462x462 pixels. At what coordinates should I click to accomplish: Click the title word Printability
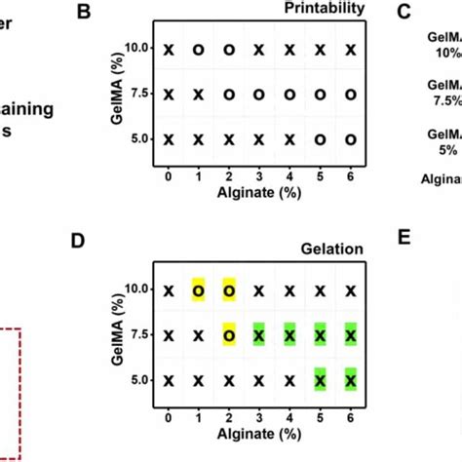coord(325,10)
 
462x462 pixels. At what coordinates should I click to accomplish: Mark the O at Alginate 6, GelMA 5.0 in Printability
coord(350,139)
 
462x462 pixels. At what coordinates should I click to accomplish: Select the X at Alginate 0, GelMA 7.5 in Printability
coord(169,95)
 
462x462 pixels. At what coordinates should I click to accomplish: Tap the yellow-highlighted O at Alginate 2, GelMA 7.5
coord(229,335)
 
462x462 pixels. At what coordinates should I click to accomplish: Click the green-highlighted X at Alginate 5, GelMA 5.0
coord(320,380)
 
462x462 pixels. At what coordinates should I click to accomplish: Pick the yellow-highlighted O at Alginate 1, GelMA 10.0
coord(199,290)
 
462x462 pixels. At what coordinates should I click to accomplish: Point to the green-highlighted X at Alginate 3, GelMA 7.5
coord(259,335)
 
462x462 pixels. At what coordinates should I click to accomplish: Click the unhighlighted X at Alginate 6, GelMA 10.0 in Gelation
coord(350,290)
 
